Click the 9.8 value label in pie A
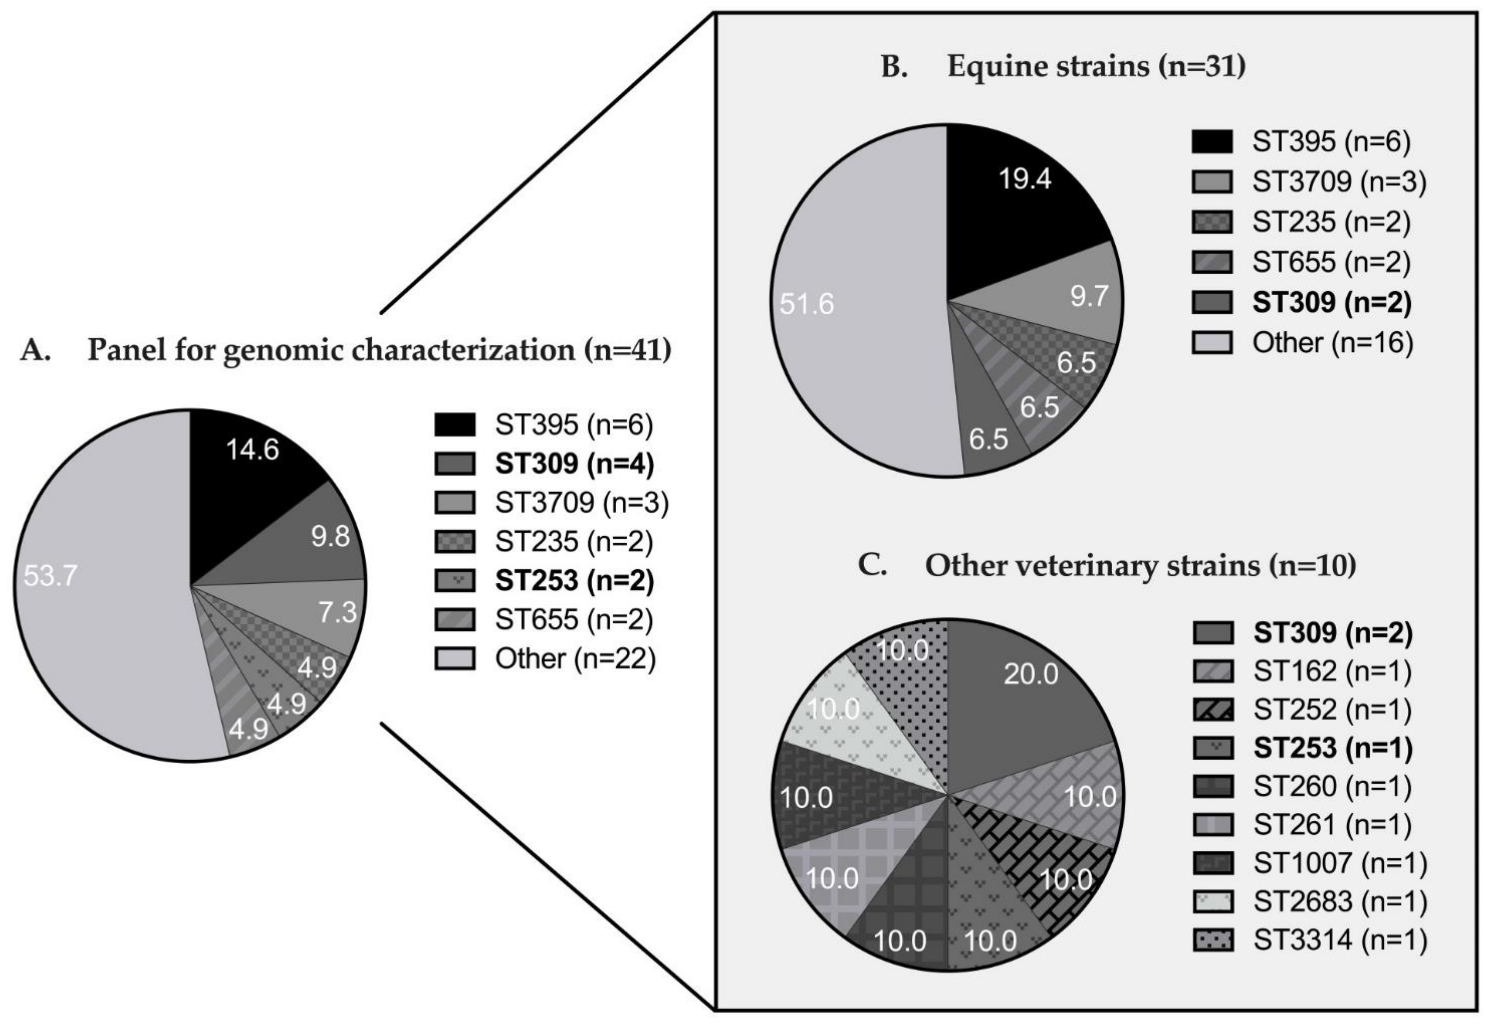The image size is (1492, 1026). point(330,536)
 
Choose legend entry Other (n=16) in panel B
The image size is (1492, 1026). point(1332,343)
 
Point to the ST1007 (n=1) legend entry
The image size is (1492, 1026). point(1340,863)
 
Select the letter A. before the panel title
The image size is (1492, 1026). point(35,350)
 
